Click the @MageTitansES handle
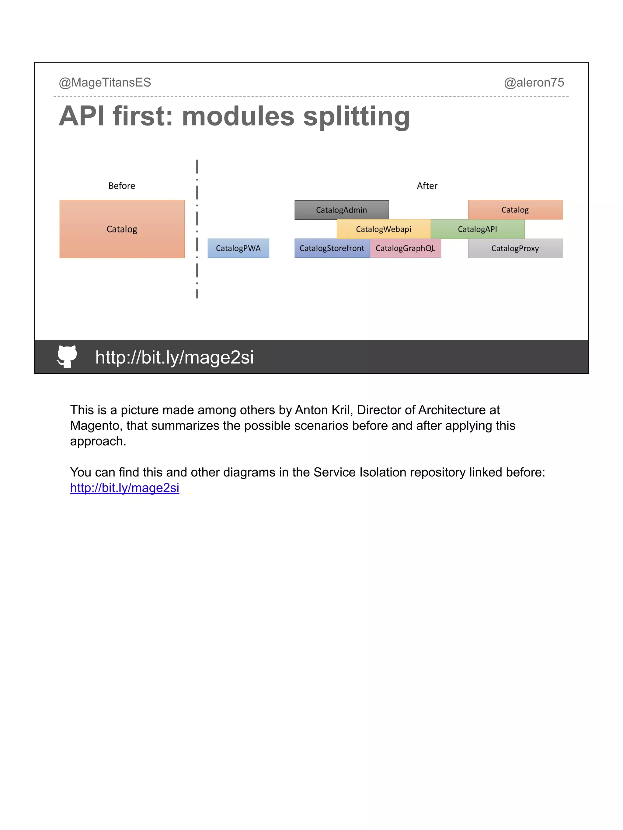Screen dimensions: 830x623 pyautogui.click(x=105, y=83)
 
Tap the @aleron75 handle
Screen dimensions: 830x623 pyautogui.click(x=534, y=83)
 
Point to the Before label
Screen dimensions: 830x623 pyautogui.click(x=122, y=186)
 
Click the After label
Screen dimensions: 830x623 pyautogui.click(x=427, y=186)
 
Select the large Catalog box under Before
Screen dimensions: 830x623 pyautogui.click(x=122, y=229)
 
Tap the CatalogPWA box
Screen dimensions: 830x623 pyautogui.click(x=238, y=248)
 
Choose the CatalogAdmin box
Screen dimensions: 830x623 pyautogui.click(x=341, y=210)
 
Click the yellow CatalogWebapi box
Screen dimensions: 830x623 pyautogui.click(x=383, y=229)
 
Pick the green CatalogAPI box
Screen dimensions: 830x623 pyautogui.click(x=477, y=229)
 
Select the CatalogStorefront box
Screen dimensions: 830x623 pyautogui.click(x=332, y=248)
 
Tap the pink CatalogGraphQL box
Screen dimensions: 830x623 pyautogui.click(x=405, y=248)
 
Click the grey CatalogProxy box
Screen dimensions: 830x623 pyautogui.click(x=515, y=248)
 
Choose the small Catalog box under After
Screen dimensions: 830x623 pyautogui.click(x=515, y=210)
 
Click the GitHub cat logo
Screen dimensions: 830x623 pyautogui.click(x=67, y=356)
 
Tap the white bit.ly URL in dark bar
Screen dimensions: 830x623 pyautogui.click(x=174, y=357)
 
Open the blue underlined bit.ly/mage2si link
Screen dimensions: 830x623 pyautogui.click(x=124, y=488)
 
